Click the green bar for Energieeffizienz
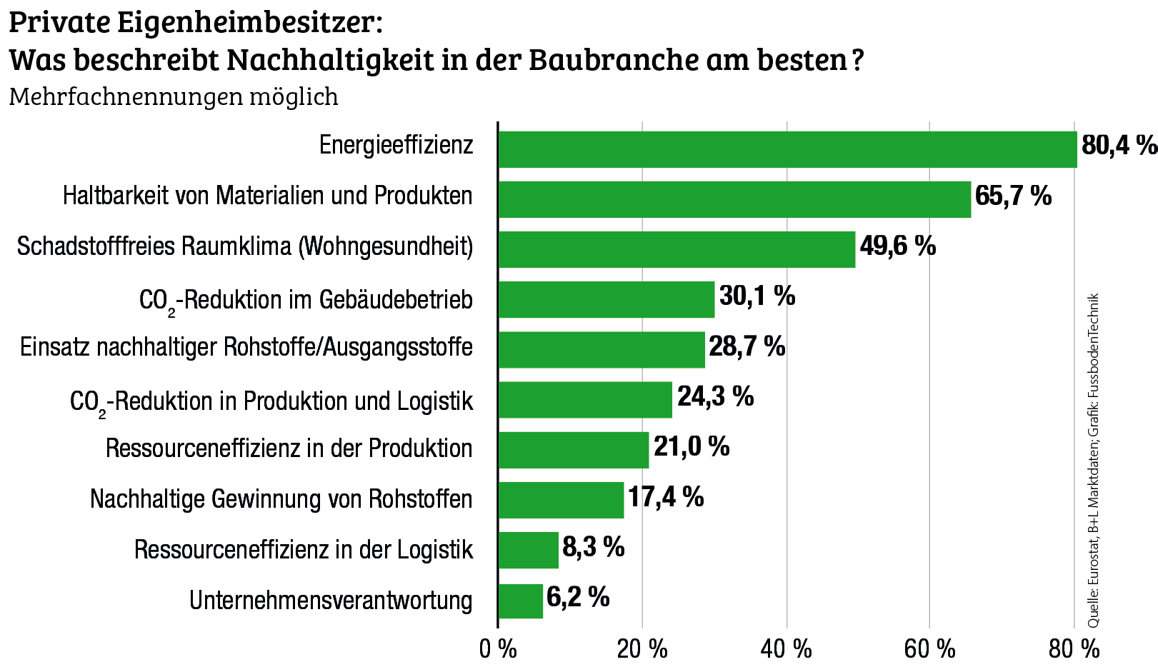pyautogui.click(x=786, y=149)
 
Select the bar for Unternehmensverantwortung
pyautogui.click(x=520, y=601)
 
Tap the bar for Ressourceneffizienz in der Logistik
pyautogui.click(x=528, y=550)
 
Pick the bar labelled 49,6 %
pyautogui.click(x=676, y=249)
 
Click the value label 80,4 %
pyautogui.click(x=1118, y=146)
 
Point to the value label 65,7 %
pyautogui.click(x=1012, y=196)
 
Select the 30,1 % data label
pyautogui.click(x=757, y=296)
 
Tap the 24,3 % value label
pyautogui.click(x=715, y=396)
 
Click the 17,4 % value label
pyautogui.click(x=665, y=497)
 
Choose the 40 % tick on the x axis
pyautogui.click(x=786, y=649)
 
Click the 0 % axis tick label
pyautogui.click(x=498, y=649)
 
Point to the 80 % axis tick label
pyautogui.click(x=1074, y=649)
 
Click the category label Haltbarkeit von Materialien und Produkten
pyautogui.click(x=267, y=196)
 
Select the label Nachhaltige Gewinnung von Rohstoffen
pyautogui.click(x=281, y=498)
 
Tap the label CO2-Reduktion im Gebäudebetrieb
pyautogui.click(x=306, y=300)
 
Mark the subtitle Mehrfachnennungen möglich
pyautogui.click(x=174, y=96)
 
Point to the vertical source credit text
pyautogui.click(x=1093, y=461)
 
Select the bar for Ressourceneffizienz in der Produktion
pyautogui.click(x=573, y=450)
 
